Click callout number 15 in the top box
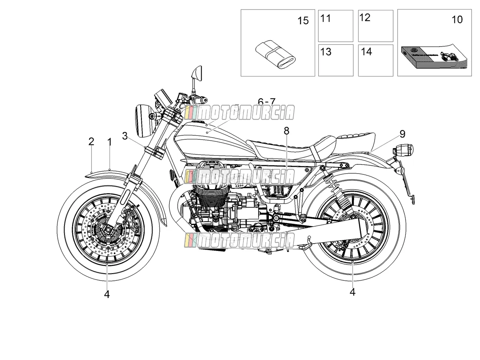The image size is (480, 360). click(x=303, y=21)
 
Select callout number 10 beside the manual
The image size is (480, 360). click(x=457, y=20)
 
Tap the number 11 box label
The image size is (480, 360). click(x=325, y=18)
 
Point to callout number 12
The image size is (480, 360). click(x=365, y=18)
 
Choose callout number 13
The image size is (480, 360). click(x=326, y=52)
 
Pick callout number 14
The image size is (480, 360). click(x=366, y=52)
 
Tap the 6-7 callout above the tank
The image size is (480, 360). click(x=266, y=102)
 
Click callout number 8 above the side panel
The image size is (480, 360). click(x=286, y=131)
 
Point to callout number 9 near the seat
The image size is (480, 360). click(x=402, y=134)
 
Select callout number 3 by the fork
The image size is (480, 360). click(x=125, y=136)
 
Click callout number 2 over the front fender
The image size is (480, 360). click(x=91, y=142)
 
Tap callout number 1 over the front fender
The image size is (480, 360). click(x=109, y=142)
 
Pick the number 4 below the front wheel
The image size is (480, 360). click(x=107, y=295)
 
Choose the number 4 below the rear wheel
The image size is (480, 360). click(x=353, y=292)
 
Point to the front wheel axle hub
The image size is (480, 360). click(x=108, y=229)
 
